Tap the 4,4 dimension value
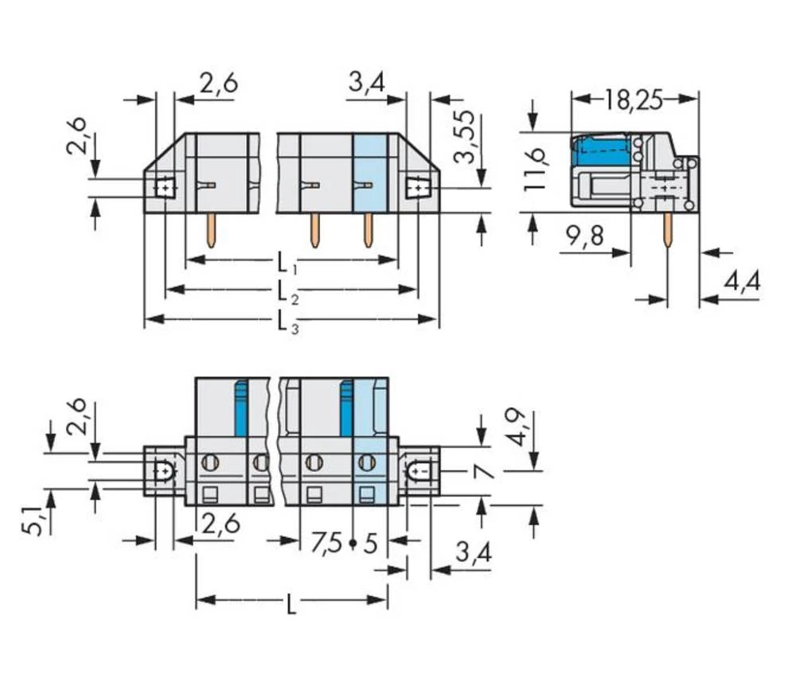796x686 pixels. [x=742, y=282]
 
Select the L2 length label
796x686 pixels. [x=287, y=290]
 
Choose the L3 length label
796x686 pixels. [x=287, y=321]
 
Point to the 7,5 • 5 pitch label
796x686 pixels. [x=344, y=544]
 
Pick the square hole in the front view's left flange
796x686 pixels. [x=165, y=188]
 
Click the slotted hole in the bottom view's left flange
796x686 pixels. [x=165, y=471]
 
